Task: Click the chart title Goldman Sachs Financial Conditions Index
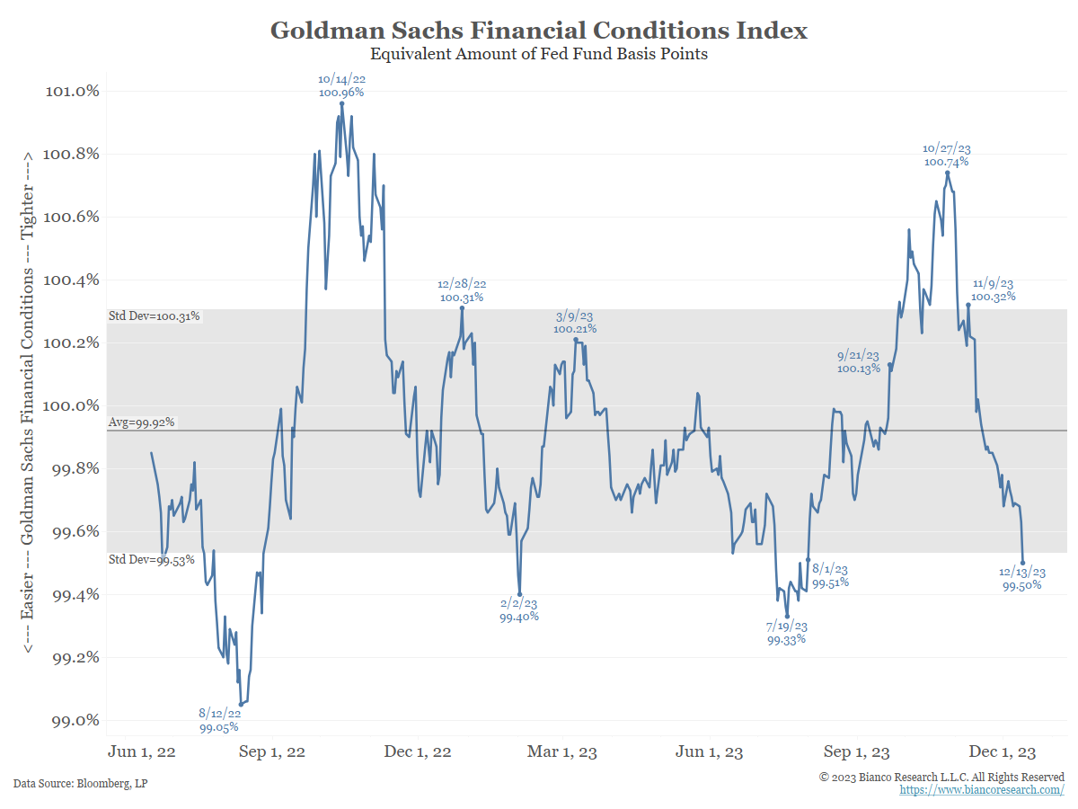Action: [x=539, y=31]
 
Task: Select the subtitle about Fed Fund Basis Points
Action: [x=539, y=54]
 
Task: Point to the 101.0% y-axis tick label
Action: [x=72, y=91]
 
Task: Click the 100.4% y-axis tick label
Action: [x=72, y=280]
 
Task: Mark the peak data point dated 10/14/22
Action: [x=341, y=103]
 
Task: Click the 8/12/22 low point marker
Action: [x=241, y=705]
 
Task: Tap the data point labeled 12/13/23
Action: [x=1023, y=563]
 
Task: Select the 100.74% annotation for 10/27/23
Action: [x=947, y=162]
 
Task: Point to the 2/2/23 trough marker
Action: [x=519, y=594]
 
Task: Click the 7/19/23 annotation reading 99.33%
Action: [x=786, y=640]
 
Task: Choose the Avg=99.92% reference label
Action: [x=141, y=422]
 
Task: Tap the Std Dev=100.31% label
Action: [x=154, y=316]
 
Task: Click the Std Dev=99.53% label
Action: [x=152, y=560]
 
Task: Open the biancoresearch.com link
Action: [x=982, y=789]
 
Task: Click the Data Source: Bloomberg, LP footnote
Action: [x=81, y=783]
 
